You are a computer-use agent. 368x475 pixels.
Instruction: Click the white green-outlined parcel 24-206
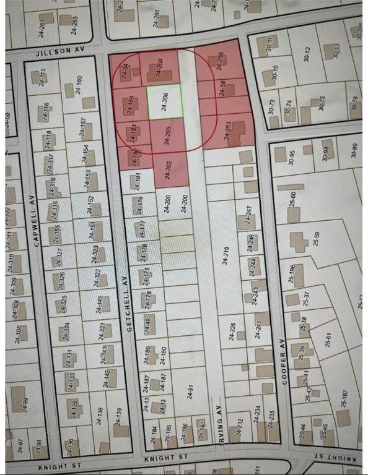(165, 101)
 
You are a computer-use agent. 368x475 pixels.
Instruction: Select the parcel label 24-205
(167, 135)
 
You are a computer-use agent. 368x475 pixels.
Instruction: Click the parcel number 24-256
(221, 61)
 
